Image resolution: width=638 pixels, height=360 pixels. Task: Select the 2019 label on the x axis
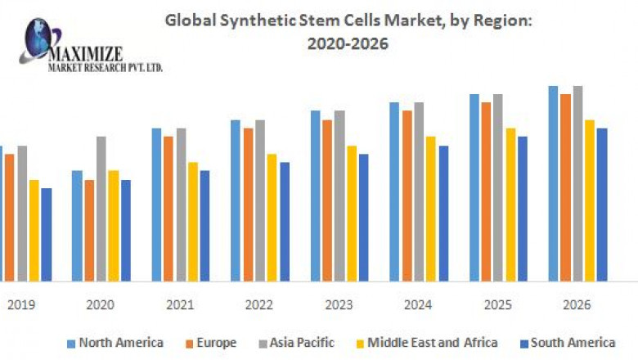click(x=21, y=304)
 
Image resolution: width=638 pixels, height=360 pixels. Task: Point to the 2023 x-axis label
click(x=339, y=304)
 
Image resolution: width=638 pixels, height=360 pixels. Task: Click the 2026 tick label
click(x=577, y=304)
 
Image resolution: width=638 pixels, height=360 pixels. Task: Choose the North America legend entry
click(x=115, y=343)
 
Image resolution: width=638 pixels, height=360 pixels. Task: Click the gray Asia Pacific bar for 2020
click(x=101, y=208)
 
